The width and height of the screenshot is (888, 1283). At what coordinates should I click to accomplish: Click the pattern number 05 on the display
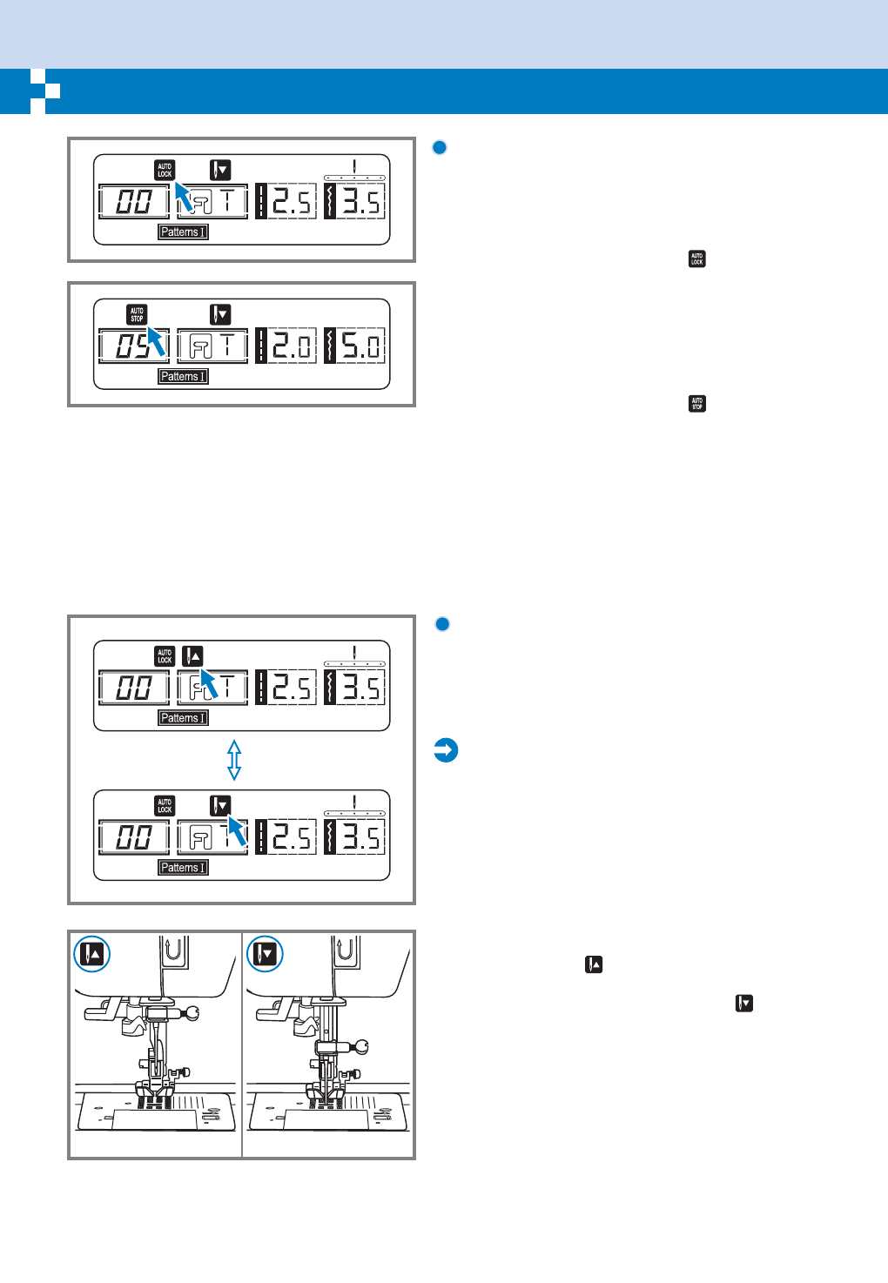tap(133, 346)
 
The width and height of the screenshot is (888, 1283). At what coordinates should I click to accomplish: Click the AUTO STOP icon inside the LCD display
tap(137, 314)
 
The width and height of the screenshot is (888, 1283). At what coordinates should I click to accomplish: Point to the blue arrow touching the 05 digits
tap(155, 340)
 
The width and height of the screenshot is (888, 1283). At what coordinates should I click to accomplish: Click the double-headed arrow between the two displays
tap(233, 760)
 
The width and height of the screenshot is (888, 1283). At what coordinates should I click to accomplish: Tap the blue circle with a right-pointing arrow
tap(446, 750)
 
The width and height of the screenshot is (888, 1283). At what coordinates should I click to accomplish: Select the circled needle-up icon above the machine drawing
tap(91, 954)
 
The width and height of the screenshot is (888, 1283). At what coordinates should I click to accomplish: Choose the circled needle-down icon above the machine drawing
tap(265, 954)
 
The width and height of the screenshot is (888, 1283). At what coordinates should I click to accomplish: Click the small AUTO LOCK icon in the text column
tap(696, 259)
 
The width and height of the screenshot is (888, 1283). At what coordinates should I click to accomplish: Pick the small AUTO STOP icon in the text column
tap(696, 404)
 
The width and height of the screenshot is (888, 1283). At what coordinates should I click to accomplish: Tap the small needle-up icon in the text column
tap(594, 964)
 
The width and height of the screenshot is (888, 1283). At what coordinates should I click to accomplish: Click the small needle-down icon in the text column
tap(743, 1004)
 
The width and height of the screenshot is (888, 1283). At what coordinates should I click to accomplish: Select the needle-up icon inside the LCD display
tap(192, 656)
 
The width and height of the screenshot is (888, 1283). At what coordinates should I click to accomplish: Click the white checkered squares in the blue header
tap(45, 91)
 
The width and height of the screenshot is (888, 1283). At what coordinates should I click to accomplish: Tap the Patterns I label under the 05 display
tap(183, 376)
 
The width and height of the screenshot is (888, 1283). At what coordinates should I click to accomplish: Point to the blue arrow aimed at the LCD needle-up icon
tap(209, 682)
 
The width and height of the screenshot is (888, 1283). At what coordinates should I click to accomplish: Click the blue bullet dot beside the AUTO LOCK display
tap(440, 147)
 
